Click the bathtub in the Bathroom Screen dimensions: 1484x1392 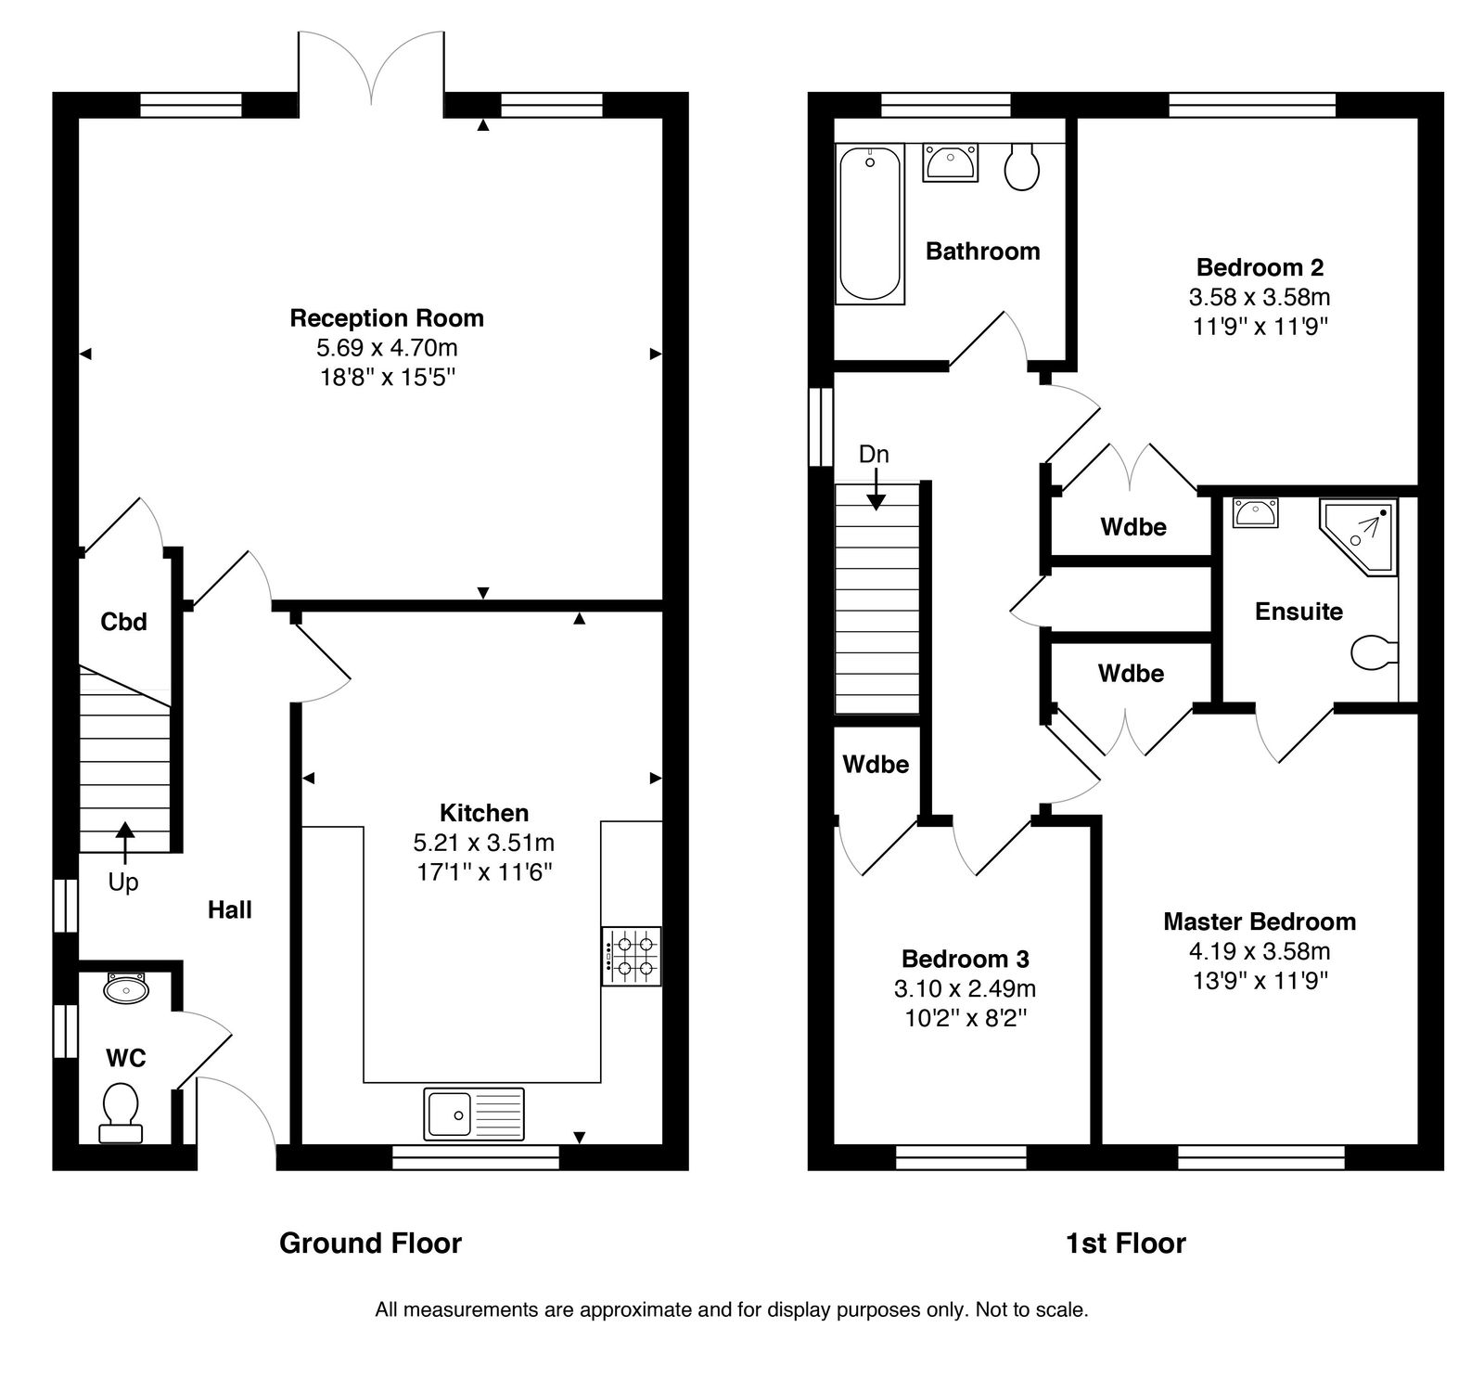tap(870, 224)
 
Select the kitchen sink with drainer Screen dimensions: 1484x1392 tap(474, 1114)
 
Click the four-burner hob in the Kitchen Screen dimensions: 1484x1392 tap(632, 957)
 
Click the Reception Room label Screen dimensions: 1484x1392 tap(387, 318)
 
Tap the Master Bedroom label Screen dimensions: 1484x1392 tap(1260, 922)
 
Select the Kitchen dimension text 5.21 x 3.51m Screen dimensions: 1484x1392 tap(484, 843)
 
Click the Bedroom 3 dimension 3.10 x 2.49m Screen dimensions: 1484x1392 tap(966, 988)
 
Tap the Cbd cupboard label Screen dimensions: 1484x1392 tap(123, 622)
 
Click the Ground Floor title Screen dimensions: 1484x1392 tap(370, 1243)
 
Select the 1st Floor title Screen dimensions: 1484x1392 tap(1125, 1243)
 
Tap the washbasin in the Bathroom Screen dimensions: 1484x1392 tap(949, 163)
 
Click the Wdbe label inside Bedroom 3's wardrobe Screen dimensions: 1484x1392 tap(876, 765)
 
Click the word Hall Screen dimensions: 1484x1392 tap(230, 909)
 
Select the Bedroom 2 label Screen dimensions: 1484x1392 tap(1260, 267)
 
